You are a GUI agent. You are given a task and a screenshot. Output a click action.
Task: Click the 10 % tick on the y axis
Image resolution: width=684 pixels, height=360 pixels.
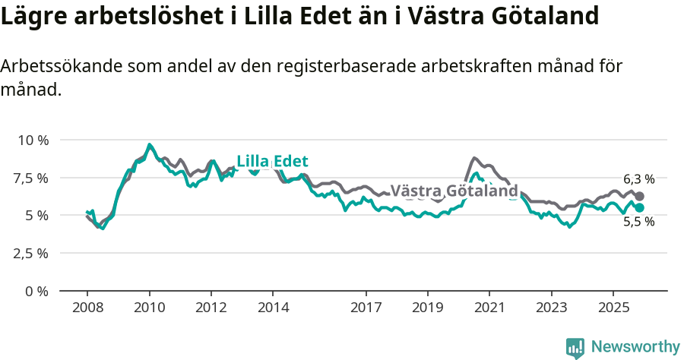(x=33, y=141)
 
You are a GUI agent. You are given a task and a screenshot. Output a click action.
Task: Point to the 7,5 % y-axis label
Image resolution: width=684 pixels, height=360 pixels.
(x=31, y=178)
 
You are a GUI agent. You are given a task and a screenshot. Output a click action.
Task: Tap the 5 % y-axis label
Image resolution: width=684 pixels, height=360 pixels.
(x=36, y=216)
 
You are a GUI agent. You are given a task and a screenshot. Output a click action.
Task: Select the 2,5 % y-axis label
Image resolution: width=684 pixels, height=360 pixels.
(x=31, y=253)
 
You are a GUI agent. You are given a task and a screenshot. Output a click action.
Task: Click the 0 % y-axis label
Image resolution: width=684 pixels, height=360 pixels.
(x=36, y=291)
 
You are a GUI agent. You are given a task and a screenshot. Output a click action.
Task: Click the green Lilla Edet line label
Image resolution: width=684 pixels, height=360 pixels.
(x=272, y=161)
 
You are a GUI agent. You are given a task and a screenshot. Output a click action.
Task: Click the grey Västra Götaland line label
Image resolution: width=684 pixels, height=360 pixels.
(x=454, y=191)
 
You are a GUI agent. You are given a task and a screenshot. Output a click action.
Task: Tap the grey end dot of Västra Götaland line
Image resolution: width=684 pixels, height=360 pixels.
(x=640, y=196)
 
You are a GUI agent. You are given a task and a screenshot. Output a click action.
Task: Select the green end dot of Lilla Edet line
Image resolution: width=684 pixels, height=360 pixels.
(x=640, y=207)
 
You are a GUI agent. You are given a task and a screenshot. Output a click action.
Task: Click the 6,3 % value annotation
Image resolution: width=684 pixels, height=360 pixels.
(x=638, y=180)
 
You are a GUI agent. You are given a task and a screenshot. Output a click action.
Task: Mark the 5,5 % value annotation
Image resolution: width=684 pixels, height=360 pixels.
(x=638, y=222)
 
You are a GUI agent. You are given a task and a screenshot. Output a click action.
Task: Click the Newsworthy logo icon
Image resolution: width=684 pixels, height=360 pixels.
(x=575, y=347)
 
